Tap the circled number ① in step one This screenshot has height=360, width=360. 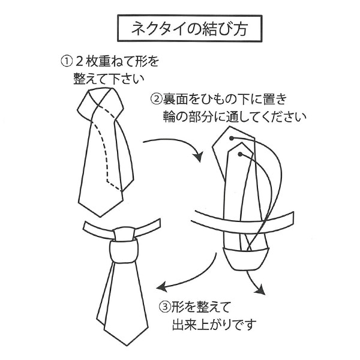[x=66, y=61]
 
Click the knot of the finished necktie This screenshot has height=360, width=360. [x=124, y=245]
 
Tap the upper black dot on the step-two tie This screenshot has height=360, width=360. [x=232, y=137]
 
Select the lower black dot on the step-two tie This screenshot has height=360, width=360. [x=239, y=155]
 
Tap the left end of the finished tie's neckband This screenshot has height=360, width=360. [x=86, y=227]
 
